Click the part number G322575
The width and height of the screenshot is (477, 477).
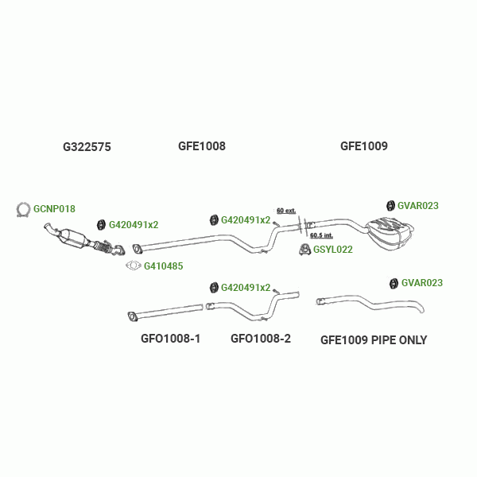[87, 147]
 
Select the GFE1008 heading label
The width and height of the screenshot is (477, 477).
[202, 146]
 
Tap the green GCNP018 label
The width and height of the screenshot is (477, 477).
[54, 209]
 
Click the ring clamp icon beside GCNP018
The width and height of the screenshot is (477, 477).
[24, 209]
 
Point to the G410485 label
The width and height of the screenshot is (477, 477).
[165, 266]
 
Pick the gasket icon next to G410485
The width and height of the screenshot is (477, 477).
[134, 266]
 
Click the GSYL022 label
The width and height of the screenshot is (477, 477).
[332, 249]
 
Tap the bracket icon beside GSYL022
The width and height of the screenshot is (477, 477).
[304, 250]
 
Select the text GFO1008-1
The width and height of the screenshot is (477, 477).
[170, 339]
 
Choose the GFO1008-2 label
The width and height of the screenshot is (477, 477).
[261, 339]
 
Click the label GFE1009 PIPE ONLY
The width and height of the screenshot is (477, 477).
[374, 340]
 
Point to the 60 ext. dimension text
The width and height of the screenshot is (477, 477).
[286, 211]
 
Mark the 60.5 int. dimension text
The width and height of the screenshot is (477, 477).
[321, 235]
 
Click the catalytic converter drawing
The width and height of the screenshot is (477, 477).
[76, 238]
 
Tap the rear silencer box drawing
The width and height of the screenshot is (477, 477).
[390, 230]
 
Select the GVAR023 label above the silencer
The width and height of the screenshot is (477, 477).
[417, 205]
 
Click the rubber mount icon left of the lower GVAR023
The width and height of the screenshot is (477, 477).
[393, 283]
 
